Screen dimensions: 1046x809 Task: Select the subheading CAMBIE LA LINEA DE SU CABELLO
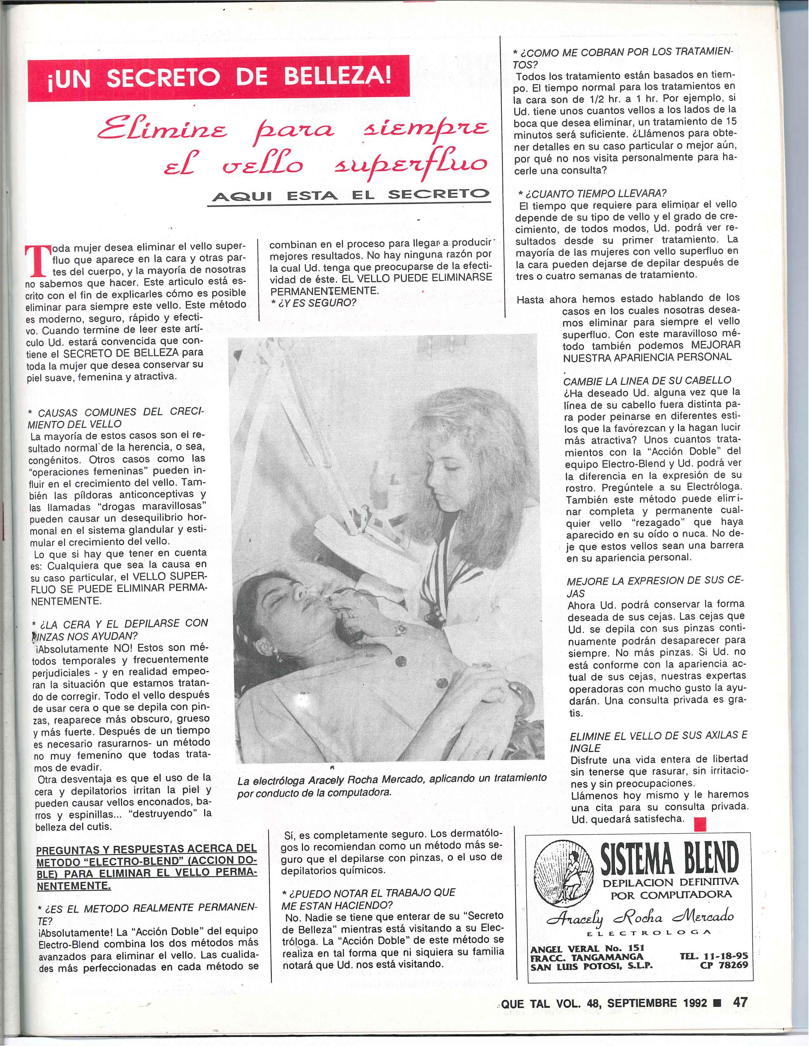[647, 381]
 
